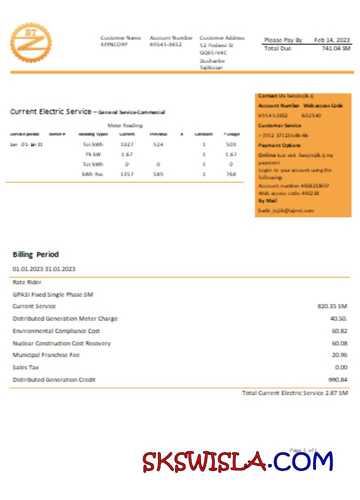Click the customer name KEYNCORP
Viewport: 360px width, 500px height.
(114, 44)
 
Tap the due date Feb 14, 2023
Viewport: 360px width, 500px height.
(332, 40)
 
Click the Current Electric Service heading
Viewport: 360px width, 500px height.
(50, 111)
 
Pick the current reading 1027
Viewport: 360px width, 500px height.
(126, 144)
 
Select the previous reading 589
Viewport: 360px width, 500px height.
(158, 174)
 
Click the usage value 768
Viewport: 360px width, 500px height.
(230, 174)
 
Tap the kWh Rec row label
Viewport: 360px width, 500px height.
(92, 174)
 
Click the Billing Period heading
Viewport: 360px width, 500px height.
(35, 254)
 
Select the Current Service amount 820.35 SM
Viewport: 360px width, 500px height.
(332, 306)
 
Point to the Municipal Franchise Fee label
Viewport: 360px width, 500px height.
(46, 355)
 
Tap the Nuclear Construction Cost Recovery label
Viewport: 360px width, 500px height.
(61, 343)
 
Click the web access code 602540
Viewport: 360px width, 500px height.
(311, 115)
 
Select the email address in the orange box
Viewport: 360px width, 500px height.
(286, 210)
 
